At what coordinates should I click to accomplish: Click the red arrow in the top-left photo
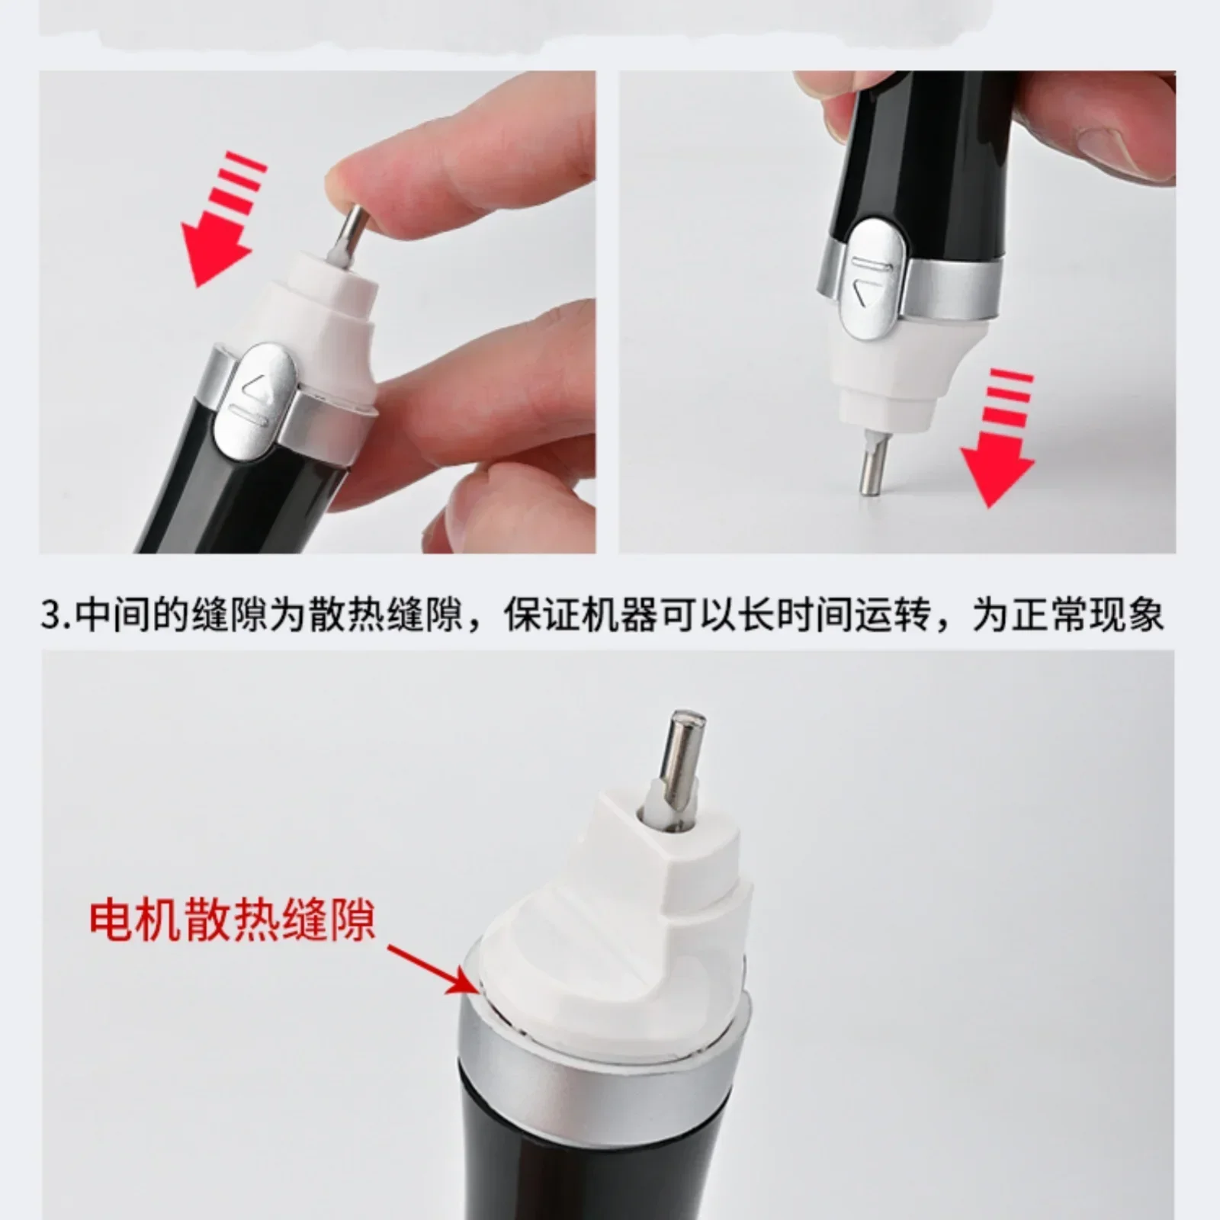221,221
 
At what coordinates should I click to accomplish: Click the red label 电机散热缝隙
233,920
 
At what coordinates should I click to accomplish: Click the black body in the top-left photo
236,488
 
